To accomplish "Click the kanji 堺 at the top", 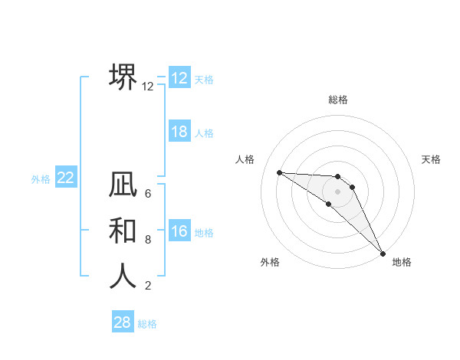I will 123,77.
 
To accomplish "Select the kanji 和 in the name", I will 123,231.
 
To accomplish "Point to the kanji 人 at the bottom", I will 123,276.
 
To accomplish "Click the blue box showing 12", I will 179,78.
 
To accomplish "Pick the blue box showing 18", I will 179,132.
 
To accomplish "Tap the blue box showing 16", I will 179,231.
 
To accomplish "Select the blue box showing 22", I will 65,178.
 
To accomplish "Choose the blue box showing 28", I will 122,322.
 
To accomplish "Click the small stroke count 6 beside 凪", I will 148,195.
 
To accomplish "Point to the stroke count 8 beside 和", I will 148,240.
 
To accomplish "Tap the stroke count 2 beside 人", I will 148,286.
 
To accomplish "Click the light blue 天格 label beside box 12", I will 204,79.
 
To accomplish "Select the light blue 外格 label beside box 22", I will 41,179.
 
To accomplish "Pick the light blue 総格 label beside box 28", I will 147,323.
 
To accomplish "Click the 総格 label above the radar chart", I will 338,100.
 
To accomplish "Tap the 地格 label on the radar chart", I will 402,262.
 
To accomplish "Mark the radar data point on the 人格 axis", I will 279,172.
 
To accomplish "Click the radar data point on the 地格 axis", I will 383,253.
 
